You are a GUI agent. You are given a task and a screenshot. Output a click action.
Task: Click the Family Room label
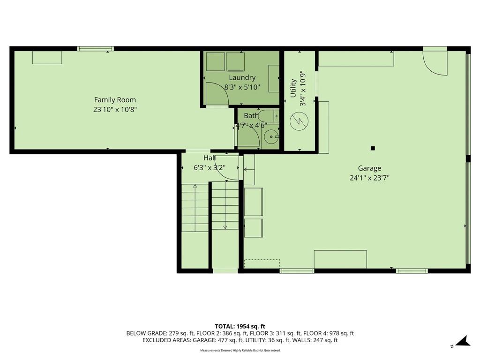[x=115, y=100]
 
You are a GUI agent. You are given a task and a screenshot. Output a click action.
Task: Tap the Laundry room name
[x=242, y=78]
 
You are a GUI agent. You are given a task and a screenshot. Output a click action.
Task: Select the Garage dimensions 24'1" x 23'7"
[x=369, y=178]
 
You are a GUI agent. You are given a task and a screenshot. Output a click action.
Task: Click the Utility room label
[x=293, y=88]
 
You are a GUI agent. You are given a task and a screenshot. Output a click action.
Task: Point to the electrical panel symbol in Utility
[x=299, y=121]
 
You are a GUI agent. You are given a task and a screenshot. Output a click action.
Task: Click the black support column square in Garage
[x=373, y=149]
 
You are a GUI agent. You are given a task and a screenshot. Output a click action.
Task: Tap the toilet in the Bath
[x=269, y=116]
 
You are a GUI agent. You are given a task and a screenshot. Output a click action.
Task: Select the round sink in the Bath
[x=270, y=137]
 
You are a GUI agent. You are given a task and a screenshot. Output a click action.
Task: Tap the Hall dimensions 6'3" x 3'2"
[x=210, y=168]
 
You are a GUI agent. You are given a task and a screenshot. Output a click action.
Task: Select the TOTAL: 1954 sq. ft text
[x=240, y=326]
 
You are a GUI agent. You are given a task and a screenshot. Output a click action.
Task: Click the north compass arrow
[x=463, y=341]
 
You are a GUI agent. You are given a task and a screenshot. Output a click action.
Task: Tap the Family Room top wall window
[x=96, y=49]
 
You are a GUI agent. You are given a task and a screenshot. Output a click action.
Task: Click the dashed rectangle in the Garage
[x=262, y=264]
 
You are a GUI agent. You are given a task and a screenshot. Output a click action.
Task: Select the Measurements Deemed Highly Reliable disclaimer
[x=240, y=350]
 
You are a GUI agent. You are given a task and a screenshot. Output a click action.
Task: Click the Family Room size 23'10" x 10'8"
[x=115, y=109]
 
